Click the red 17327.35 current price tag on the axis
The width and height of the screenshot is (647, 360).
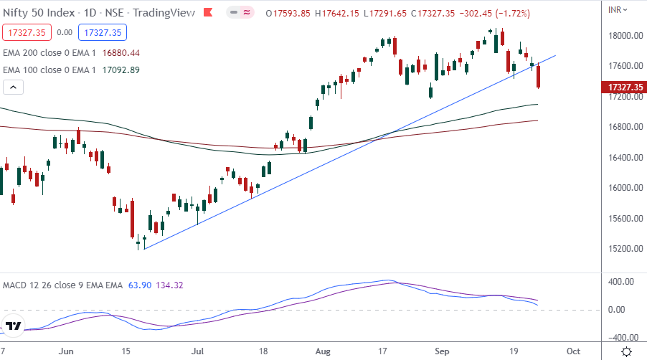622,87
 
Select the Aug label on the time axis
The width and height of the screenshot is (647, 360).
325,351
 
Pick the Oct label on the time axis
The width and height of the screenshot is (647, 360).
572,351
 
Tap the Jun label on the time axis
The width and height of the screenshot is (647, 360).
66,351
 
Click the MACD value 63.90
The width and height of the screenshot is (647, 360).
139,285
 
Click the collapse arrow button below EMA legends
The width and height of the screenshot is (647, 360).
14,87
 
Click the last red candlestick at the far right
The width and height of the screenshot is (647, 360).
539,75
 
